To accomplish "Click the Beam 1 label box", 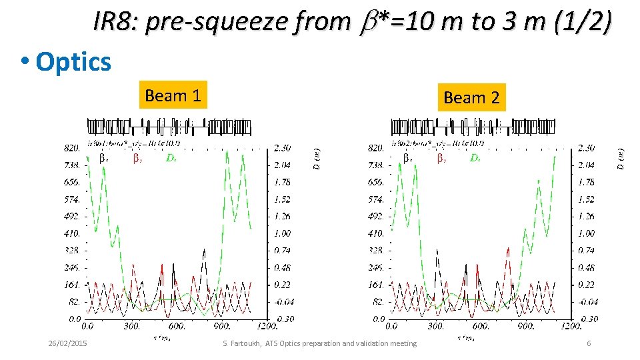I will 173,96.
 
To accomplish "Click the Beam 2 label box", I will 471,98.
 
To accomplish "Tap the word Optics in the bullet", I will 73,61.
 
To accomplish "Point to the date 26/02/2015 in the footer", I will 71,343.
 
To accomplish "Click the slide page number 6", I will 589,343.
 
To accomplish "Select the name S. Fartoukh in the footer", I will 241,343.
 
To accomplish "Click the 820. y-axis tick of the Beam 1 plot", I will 73,147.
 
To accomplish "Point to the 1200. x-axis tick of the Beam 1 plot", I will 267,327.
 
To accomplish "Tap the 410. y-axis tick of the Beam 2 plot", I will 377,233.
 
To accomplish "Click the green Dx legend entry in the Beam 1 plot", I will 171,159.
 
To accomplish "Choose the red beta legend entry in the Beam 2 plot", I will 441,159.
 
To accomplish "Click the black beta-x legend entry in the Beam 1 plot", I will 103,159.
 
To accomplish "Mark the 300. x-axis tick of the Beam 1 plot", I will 132,327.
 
